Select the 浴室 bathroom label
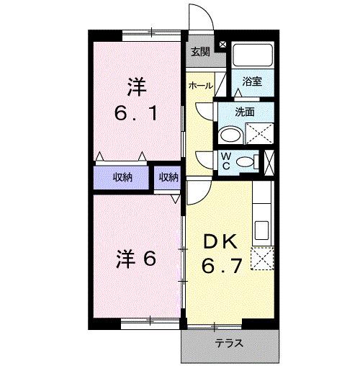point(252,82)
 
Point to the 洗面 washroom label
point(246,112)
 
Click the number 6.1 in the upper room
point(136,112)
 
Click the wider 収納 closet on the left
point(122,177)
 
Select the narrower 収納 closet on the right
point(168,177)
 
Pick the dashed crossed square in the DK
point(261,258)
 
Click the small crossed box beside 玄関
point(222,45)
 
